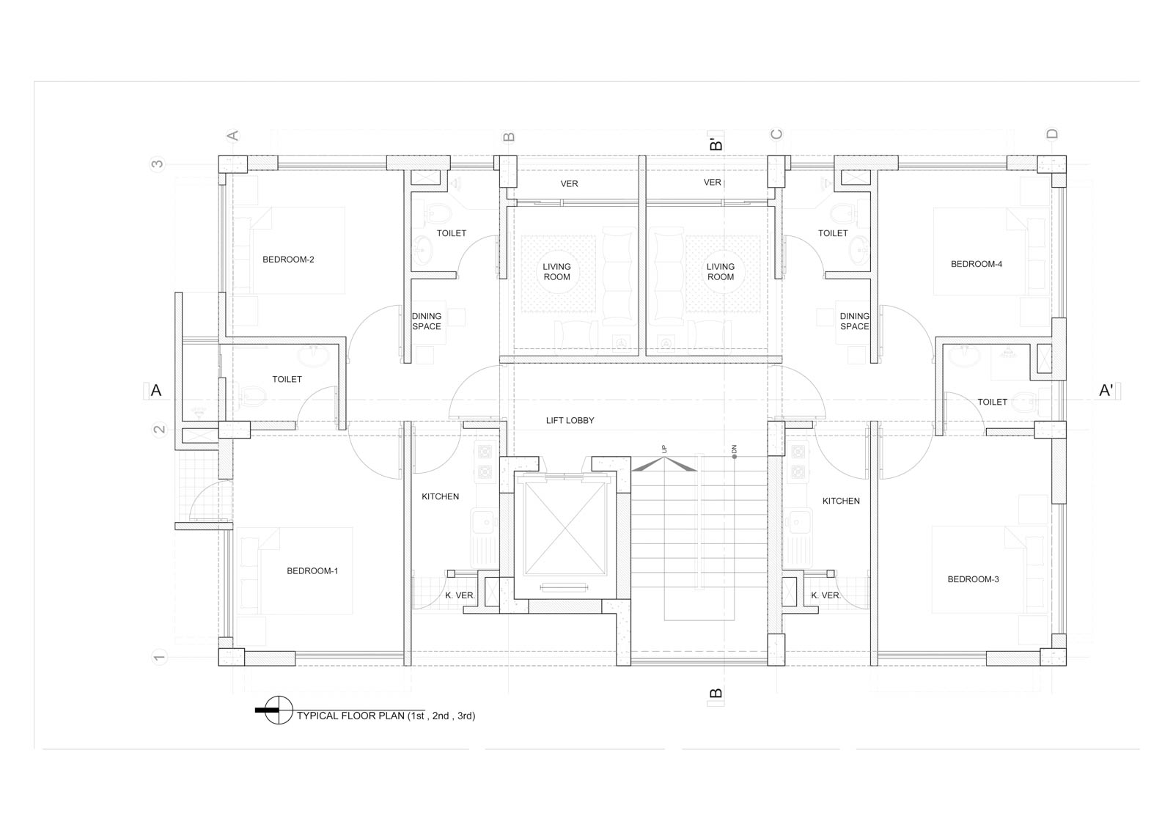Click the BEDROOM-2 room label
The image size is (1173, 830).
coord(288,260)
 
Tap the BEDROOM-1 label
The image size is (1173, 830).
coord(312,570)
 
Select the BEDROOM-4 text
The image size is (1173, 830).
coord(976,264)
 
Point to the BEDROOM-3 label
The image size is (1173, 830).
coord(973,579)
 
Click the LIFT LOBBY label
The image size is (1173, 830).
coord(570,420)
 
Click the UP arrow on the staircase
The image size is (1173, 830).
coord(664,464)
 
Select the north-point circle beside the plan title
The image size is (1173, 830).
coord(279,710)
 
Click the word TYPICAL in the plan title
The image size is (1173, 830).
coord(318,716)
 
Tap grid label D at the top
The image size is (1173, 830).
coord(1051,133)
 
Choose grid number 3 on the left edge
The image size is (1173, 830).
coord(157,164)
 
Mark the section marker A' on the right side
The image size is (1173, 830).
coord(1106,390)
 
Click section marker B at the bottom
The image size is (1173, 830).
coord(716,694)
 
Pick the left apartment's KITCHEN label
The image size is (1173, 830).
coord(440,496)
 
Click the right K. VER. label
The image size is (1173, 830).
coord(825,595)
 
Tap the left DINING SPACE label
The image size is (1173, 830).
coord(426,321)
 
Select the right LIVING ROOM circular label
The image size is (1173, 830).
coord(721,272)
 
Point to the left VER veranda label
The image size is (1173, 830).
coord(569,184)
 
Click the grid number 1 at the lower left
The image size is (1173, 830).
coord(158,657)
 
